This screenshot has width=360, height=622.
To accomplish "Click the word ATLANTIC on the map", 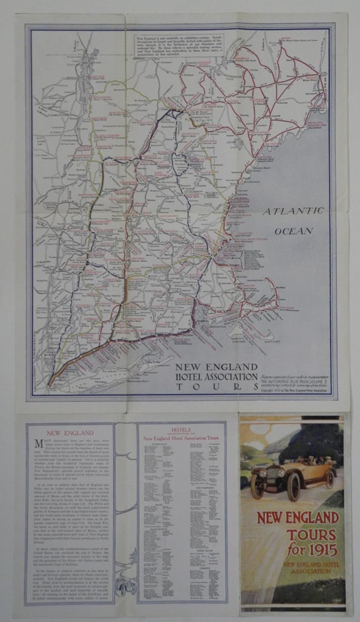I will pyautogui.click(x=293, y=211).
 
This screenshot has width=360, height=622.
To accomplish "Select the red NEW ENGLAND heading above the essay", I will pyautogui.click(x=70, y=433).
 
